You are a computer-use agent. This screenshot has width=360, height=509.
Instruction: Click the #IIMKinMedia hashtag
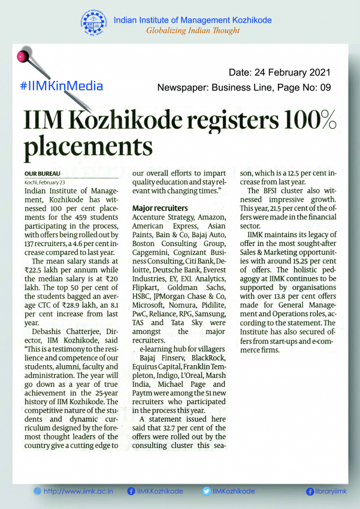coord(61,85)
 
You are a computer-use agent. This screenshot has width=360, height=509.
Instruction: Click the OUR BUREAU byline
coord(40,172)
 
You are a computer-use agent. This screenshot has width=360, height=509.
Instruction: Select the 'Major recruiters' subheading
coord(160,208)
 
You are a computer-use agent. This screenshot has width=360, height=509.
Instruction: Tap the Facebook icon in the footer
coord(131,491)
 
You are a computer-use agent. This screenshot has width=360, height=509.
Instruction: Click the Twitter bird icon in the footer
coord(206,491)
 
